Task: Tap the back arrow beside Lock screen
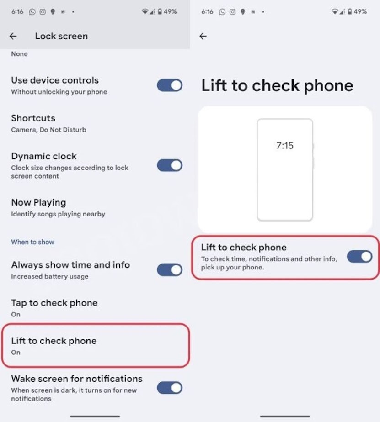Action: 13,36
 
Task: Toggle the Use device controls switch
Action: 170,85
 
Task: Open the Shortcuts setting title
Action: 33,118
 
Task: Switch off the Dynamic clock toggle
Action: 170,165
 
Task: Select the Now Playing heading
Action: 38,202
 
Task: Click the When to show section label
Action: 32,242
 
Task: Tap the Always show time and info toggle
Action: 170,269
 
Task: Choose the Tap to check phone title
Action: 54,303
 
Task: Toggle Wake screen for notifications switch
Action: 170,388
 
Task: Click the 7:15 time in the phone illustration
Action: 285,146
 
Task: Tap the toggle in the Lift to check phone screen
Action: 359,257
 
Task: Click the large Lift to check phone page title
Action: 277,86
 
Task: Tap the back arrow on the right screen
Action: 203,36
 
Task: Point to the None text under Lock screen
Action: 19,54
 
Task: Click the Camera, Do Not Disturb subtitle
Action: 49,130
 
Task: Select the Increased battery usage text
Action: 49,276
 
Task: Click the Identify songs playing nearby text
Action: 58,214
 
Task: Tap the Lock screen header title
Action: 61,36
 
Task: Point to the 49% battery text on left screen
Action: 170,11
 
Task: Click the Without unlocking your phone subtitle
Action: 59,92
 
